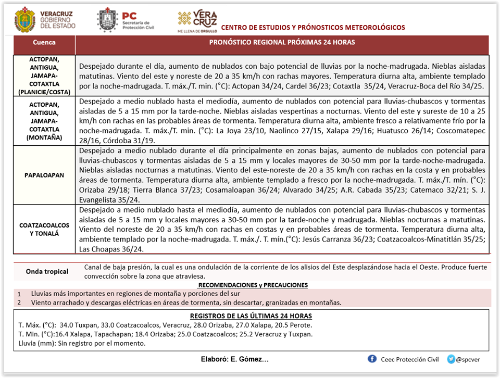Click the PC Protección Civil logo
[107, 20]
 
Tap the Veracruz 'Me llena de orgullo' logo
[197, 21]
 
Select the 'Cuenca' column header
[44, 42]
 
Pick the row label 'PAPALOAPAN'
[44, 175]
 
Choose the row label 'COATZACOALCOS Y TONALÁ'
[44, 230]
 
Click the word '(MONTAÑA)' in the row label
[44, 137]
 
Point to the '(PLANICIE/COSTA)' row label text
[44, 91]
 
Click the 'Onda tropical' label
[47, 271]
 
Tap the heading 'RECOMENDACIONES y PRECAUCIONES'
[253, 285]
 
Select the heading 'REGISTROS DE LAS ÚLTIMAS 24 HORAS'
[251, 316]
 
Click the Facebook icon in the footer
[372, 359]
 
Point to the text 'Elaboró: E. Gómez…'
[234, 359]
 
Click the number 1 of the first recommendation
[19, 294]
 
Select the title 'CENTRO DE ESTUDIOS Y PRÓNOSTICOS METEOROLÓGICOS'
[312, 27]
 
